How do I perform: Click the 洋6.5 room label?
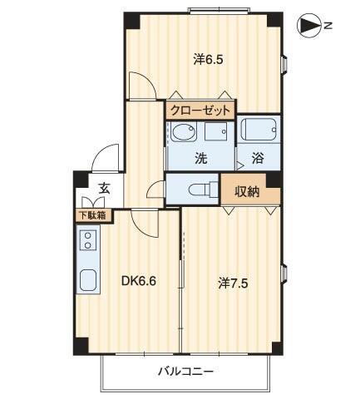coord(209,59)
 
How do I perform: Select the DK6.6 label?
coord(139,281)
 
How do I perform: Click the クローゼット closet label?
coord(200,110)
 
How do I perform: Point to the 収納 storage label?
coord(244,190)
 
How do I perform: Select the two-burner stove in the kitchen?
coord(87,242)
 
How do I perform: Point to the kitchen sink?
coord(87,279)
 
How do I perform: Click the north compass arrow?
coord(308,27)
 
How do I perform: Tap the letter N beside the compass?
coord(328,27)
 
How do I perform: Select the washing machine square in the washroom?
coord(219,133)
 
